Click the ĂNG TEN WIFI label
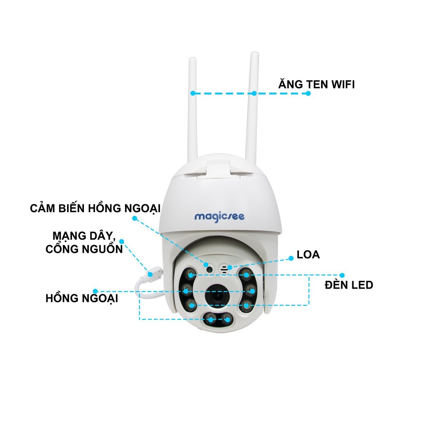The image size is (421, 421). [316, 85]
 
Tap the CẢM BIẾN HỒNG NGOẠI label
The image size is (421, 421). [95, 208]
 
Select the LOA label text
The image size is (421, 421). [308, 254]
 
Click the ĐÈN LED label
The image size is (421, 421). [349, 285]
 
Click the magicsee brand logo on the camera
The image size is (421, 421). [219, 216]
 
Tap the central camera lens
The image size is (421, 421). [218, 295]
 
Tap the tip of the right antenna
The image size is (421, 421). [255, 56]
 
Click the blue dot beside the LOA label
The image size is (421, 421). [291, 258]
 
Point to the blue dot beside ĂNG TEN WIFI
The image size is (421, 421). [308, 93]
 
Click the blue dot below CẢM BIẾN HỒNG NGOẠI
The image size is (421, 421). [134, 219]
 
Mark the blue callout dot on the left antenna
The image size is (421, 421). [192, 93]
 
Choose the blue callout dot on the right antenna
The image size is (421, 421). [254, 93]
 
